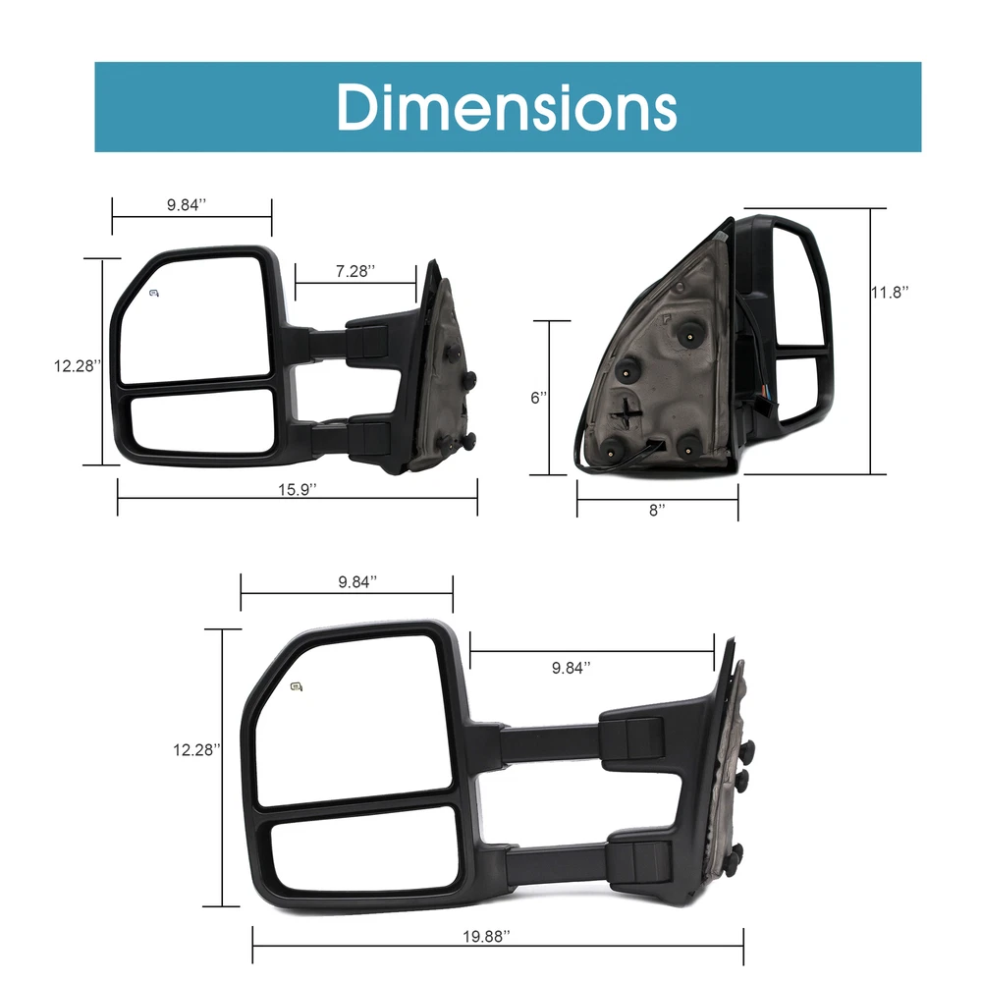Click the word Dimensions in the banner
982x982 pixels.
tap(506, 107)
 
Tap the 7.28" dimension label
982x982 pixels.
tap(355, 271)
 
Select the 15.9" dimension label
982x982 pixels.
tap(298, 489)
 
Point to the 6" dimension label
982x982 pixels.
tap(538, 398)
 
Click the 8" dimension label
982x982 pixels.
tap(657, 511)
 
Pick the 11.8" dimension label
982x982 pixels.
tap(890, 292)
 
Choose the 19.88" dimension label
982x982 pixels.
tap(487, 936)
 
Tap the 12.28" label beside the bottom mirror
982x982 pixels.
tap(196, 749)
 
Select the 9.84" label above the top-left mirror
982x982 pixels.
tap(187, 205)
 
